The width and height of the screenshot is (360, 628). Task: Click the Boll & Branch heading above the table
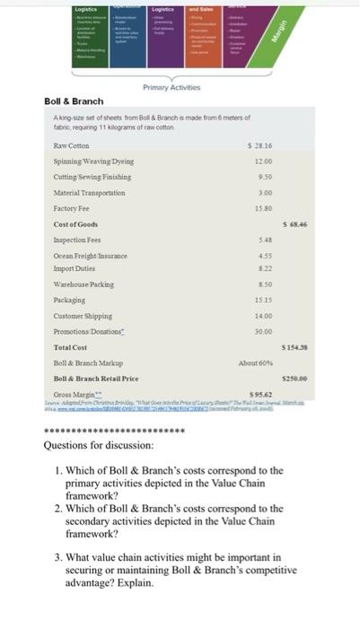[74, 101]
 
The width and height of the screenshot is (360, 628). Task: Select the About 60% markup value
[255, 362]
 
